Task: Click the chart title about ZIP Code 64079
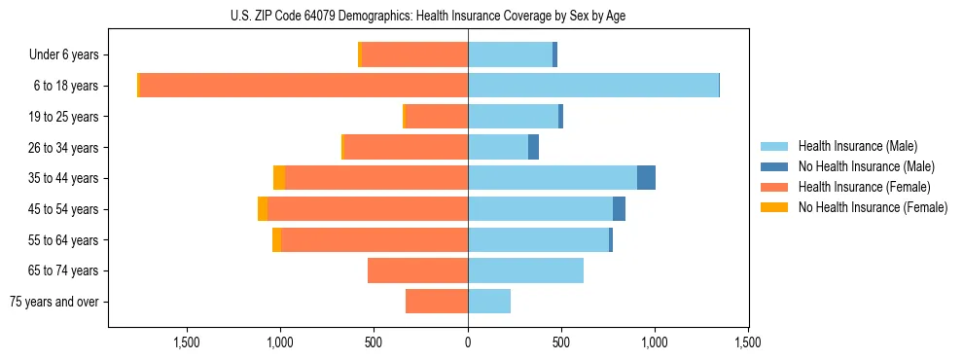point(481,16)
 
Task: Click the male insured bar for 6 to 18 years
point(593,86)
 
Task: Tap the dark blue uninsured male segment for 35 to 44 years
point(646,178)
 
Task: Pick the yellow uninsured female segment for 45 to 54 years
point(263,209)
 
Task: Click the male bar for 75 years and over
point(489,302)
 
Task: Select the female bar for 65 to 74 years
point(417,270)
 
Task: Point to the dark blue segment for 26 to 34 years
point(533,148)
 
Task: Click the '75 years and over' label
point(54,302)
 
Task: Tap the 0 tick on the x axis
point(468,342)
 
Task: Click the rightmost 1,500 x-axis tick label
point(747,342)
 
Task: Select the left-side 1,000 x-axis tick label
point(280,342)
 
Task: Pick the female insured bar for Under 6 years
point(415,55)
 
